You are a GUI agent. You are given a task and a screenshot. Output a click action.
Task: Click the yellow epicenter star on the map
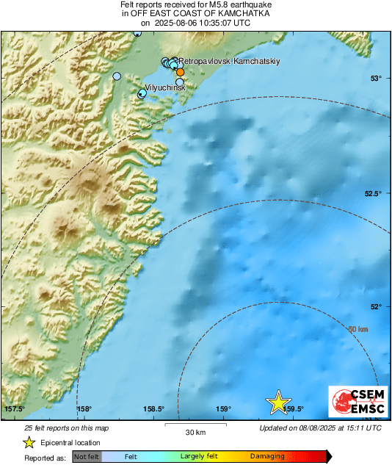click(278, 402)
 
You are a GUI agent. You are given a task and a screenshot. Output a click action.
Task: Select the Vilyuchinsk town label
click(166, 87)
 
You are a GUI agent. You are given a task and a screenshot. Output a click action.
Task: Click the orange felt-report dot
click(180, 72)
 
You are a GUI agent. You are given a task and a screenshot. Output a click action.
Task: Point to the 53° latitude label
click(375, 79)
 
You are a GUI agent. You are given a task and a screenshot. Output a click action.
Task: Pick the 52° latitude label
click(375, 307)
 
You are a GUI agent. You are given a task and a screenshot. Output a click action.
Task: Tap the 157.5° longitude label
click(15, 409)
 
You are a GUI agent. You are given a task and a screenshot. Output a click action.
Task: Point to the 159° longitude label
click(224, 409)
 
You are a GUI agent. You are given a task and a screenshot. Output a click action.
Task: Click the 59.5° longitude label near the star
click(295, 409)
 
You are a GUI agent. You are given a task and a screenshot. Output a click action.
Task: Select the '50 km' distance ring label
click(357, 329)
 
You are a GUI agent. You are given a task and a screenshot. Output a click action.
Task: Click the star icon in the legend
click(29, 442)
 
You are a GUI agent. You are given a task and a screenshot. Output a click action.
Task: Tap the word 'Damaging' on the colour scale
click(267, 457)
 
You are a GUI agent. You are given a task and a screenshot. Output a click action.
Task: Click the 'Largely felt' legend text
click(197, 457)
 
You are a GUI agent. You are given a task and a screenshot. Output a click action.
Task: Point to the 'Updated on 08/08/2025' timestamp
click(320, 428)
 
